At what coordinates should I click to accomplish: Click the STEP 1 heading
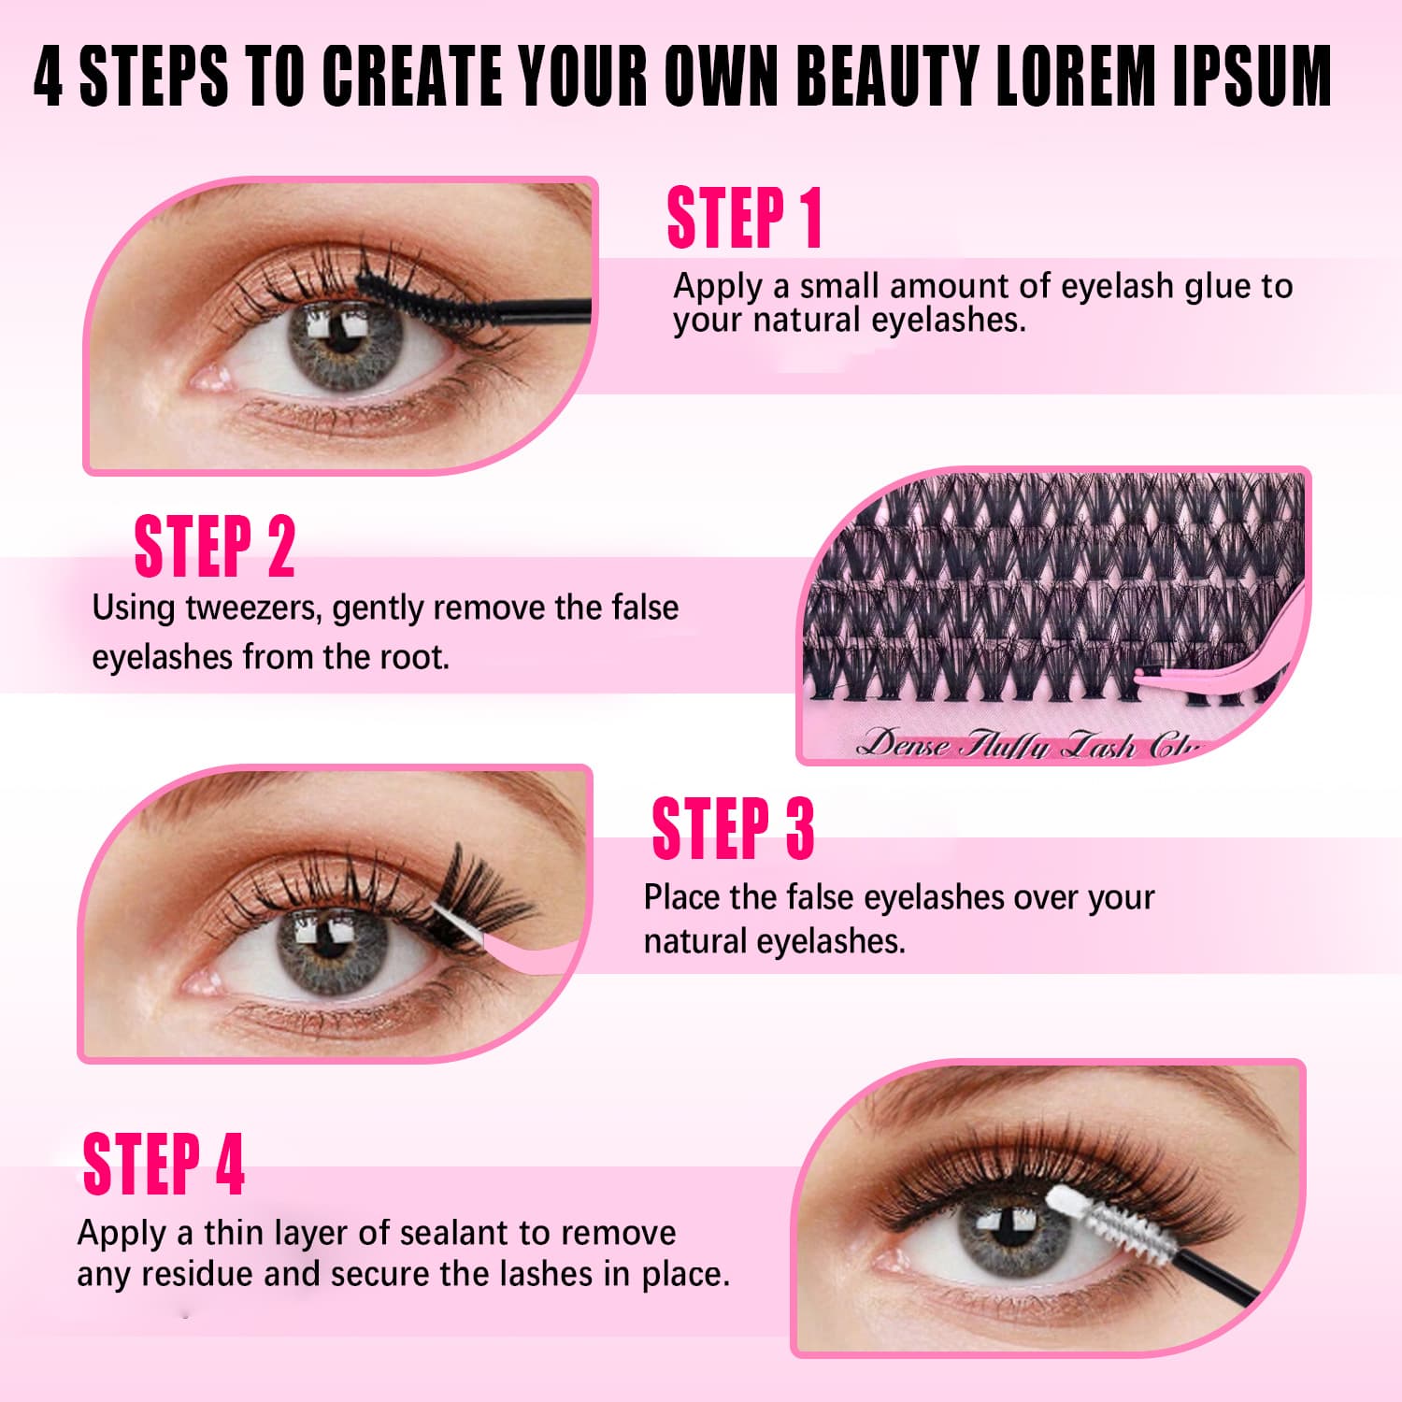pyautogui.click(x=744, y=218)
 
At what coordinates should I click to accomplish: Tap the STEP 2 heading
pyautogui.click(x=214, y=546)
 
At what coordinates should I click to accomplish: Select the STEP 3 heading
pyautogui.click(x=733, y=828)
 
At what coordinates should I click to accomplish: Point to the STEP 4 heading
pyautogui.click(x=164, y=1164)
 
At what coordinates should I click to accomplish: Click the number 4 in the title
pyautogui.click(x=49, y=76)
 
